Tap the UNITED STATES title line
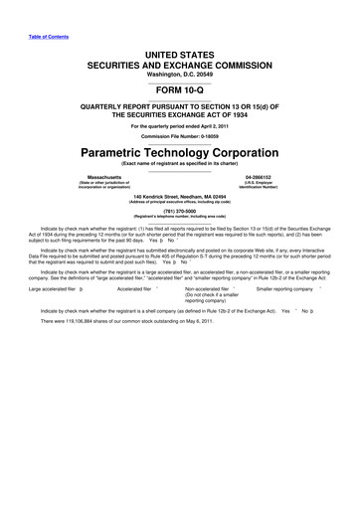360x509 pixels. tap(180, 48)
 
